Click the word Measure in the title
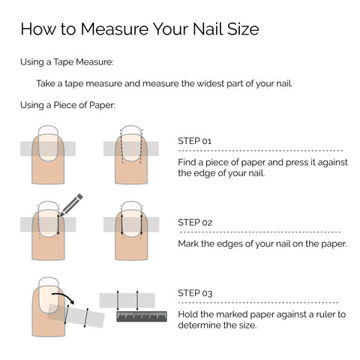[x=115, y=29]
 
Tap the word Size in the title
[x=243, y=29]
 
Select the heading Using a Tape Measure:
[x=67, y=61]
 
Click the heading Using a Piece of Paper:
[x=67, y=105]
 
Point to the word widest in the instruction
[x=211, y=83]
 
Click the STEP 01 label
[x=194, y=141]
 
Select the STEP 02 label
[x=195, y=223]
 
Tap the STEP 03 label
[x=195, y=293]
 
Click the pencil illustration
[x=71, y=205]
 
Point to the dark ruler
[x=142, y=316]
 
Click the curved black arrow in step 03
[x=63, y=297]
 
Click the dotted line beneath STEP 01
[x=260, y=151]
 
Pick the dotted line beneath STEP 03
[x=258, y=303]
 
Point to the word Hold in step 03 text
[x=187, y=314]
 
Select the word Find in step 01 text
[x=187, y=162]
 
